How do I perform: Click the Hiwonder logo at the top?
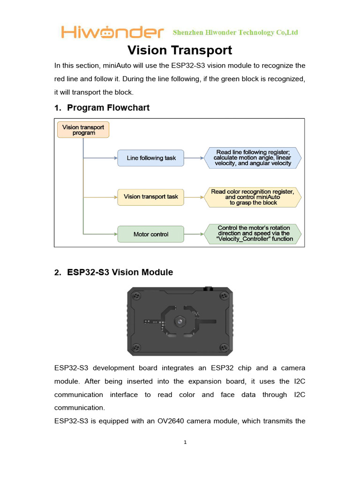click(x=112, y=32)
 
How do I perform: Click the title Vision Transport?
click(x=180, y=50)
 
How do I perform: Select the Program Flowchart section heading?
click(x=108, y=107)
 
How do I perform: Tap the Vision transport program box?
click(x=83, y=130)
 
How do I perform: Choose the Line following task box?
click(x=151, y=158)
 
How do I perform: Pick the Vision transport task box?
click(x=151, y=196)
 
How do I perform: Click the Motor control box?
click(x=151, y=234)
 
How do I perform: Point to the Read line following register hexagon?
click(x=253, y=158)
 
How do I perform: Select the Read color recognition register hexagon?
click(x=253, y=197)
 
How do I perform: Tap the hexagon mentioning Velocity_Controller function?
click(x=253, y=233)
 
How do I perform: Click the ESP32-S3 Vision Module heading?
click(x=120, y=272)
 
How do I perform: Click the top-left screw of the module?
click(x=136, y=296)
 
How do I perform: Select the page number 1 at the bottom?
click(x=186, y=442)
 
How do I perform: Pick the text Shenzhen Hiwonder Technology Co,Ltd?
click(x=235, y=32)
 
